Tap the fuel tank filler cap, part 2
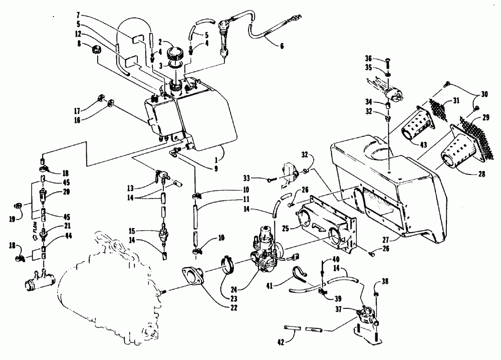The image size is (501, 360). point(178,52)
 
